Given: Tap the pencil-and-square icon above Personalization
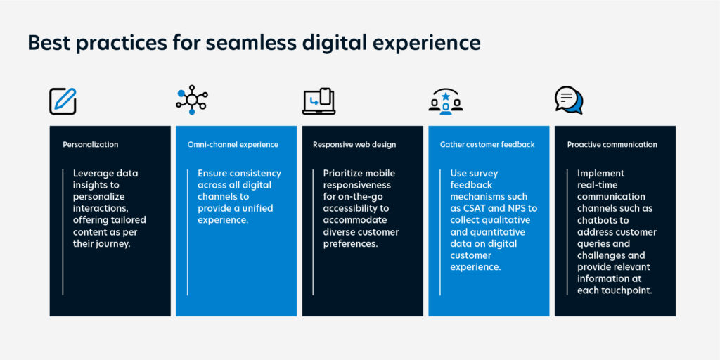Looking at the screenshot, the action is [x=63, y=101].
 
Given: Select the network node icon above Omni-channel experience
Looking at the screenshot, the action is [x=192, y=100].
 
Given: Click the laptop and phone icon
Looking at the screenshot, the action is [x=319, y=101].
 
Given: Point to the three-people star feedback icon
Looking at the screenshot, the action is [x=445, y=101].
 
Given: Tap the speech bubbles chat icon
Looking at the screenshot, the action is [x=569, y=100].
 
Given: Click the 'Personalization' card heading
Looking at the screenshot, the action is [x=91, y=145].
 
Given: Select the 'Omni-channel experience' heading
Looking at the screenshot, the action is [x=233, y=145].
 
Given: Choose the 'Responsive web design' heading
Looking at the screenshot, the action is [x=354, y=145].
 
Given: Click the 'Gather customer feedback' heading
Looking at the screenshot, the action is [x=487, y=145].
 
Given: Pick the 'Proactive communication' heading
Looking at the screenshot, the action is [x=612, y=145].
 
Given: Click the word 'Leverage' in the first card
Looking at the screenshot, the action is [x=92, y=174].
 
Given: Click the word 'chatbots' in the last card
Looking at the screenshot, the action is [x=596, y=220].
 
